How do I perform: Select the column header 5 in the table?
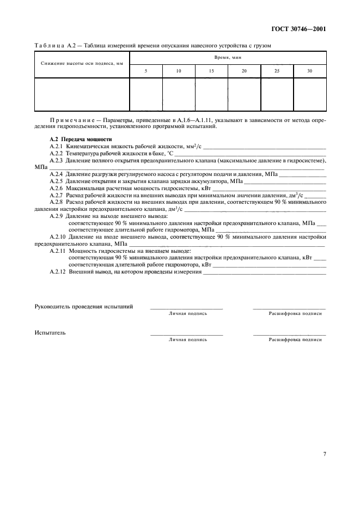(145, 71)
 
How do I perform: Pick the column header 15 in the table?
(211, 71)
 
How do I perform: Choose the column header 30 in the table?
(310, 71)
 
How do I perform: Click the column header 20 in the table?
(244, 71)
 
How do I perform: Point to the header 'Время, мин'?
(228, 57)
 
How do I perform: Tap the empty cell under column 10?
(178, 94)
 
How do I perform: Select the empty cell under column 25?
(277, 94)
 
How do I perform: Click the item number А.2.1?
(57, 147)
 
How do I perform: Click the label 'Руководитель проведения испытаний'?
(83, 307)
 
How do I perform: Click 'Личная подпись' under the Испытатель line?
(187, 339)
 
